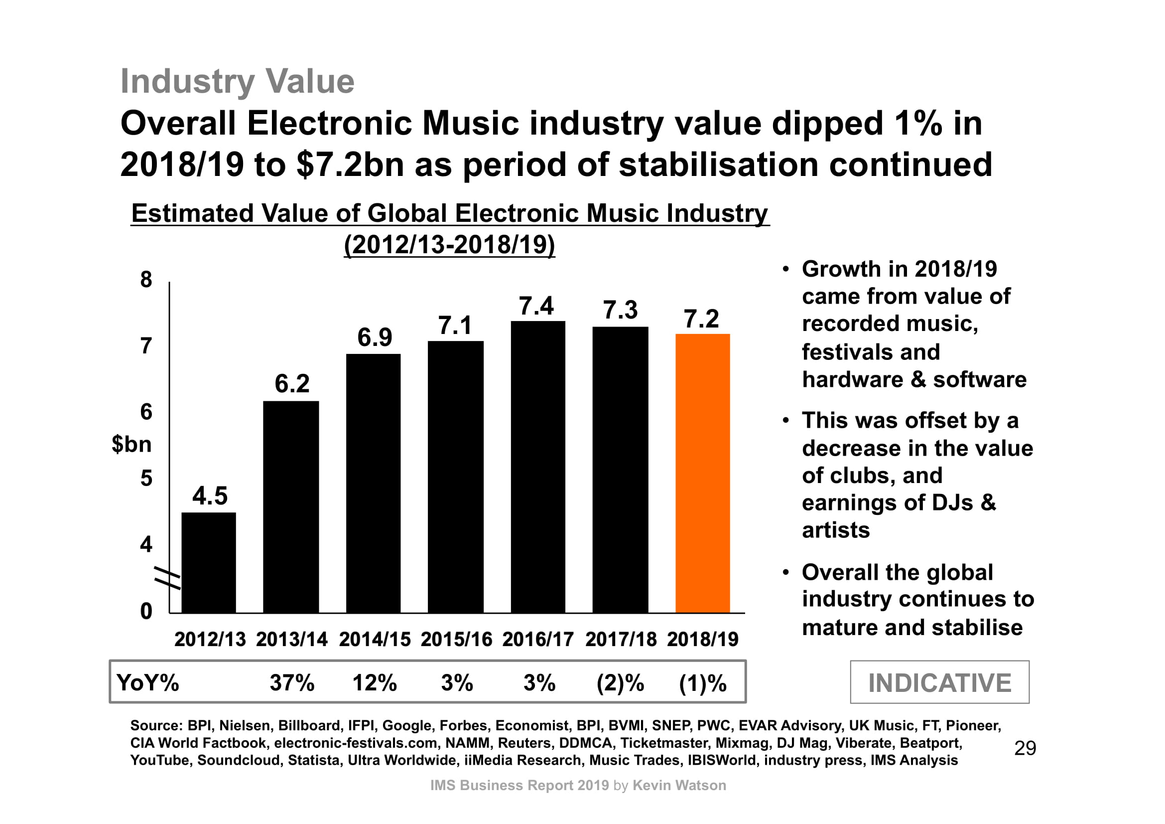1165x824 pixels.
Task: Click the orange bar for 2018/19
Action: [x=702, y=473]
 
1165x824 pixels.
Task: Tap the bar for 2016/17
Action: [x=538, y=467]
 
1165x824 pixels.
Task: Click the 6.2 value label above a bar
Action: [x=292, y=383]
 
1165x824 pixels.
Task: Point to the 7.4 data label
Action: [x=536, y=306]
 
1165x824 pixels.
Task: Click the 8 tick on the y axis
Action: [x=146, y=280]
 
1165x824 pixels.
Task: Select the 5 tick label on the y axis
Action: [x=146, y=478]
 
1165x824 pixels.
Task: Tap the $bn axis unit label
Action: [x=131, y=444]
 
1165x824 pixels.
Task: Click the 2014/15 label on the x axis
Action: [x=375, y=639]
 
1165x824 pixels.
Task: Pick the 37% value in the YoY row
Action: [x=292, y=683]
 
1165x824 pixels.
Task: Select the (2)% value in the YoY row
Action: [x=620, y=683]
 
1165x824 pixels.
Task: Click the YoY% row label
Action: [x=147, y=683]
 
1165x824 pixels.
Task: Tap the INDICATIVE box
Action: [x=939, y=682]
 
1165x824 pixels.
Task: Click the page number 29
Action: [x=1025, y=748]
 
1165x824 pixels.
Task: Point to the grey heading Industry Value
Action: [x=237, y=81]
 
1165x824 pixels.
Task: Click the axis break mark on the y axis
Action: [x=167, y=578]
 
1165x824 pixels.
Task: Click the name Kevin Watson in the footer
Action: [x=679, y=786]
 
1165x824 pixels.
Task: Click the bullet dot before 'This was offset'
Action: [x=785, y=421]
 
